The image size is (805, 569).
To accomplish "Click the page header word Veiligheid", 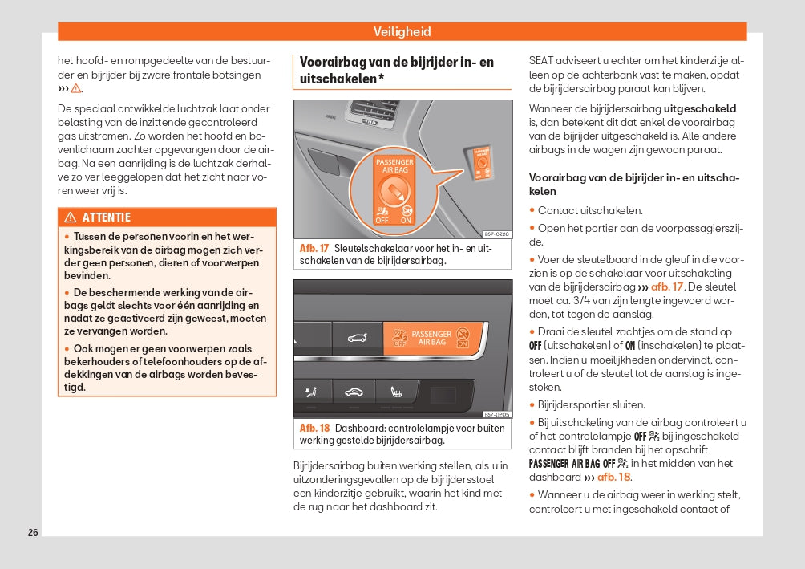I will pyautogui.click(x=402, y=32).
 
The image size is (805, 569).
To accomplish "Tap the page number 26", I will pyautogui.click(x=33, y=532).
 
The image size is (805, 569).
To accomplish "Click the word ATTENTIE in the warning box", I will pyautogui.click(x=106, y=217).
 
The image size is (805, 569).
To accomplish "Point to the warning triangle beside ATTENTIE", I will pyautogui.click(x=70, y=217).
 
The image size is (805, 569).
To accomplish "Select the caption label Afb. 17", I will pyautogui.click(x=314, y=249).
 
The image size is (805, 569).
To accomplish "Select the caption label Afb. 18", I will pyautogui.click(x=314, y=429).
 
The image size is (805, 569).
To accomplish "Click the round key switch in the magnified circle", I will pyautogui.click(x=394, y=191).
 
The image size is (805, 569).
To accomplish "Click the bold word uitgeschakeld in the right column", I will pyautogui.click(x=700, y=108).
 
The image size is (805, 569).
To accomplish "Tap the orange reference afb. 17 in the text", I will pyautogui.click(x=666, y=287).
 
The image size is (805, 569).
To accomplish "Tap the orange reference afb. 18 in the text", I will pyautogui.click(x=613, y=477).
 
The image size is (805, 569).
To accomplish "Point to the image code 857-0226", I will pyautogui.click(x=497, y=234).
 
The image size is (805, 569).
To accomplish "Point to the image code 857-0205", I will pyautogui.click(x=497, y=414).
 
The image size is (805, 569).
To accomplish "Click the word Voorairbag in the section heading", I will pyautogui.click(x=331, y=62).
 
